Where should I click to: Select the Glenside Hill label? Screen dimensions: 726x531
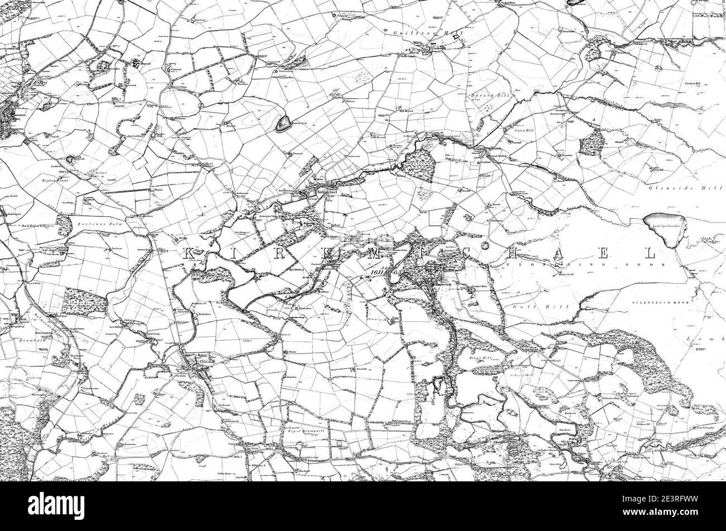pos(670,190)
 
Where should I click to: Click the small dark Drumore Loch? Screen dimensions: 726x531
pos(283,123)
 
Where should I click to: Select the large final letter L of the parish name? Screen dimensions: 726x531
pos(649,253)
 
